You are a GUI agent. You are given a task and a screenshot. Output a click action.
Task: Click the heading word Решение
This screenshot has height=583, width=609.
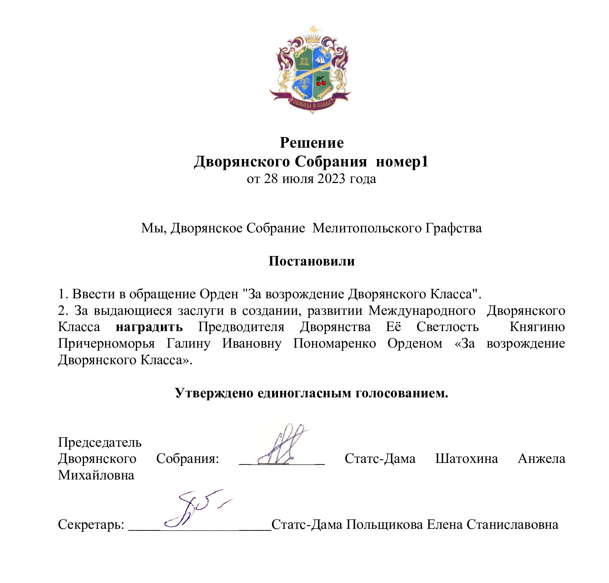coord(311,143)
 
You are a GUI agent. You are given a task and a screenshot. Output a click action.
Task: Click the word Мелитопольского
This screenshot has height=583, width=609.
coord(367,228)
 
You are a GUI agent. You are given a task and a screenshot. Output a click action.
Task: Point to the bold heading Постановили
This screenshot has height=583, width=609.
coord(311,261)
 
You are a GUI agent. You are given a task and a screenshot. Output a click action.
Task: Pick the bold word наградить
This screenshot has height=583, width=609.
coord(149,327)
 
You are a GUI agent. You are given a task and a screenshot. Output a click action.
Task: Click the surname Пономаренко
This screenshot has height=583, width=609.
coord(334,343)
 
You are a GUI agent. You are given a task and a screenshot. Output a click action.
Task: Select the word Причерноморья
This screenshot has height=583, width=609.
coord(106,343)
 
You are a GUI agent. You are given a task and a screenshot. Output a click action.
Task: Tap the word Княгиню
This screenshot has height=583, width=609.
coord(537,327)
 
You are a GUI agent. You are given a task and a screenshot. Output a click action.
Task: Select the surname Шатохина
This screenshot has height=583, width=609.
coord(467,459)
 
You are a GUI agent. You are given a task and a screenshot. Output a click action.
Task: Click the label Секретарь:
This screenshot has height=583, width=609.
coord(91,524)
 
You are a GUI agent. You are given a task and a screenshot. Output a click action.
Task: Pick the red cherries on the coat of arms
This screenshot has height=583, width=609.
coord(321,81)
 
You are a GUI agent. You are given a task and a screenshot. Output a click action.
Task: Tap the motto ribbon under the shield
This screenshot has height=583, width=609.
coord(311,103)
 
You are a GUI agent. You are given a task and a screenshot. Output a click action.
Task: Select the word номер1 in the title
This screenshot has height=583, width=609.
coord(402,162)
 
